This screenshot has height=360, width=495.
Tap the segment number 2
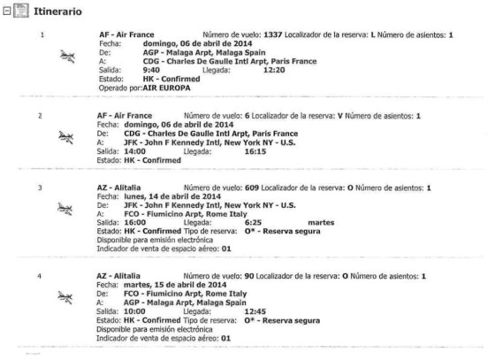coord(40,116)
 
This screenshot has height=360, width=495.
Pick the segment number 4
coord(40,276)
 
